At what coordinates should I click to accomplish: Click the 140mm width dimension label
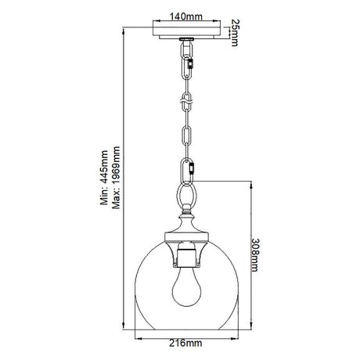(x=186, y=16)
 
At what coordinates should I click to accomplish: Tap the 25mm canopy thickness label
(x=234, y=33)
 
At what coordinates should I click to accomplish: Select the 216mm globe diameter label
(x=185, y=343)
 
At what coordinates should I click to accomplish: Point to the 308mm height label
(x=255, y=255)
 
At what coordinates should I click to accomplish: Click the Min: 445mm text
(x=104, y=178)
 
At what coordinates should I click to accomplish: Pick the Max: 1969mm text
(x=116, y=178)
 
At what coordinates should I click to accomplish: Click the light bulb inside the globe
(x=186, y=287)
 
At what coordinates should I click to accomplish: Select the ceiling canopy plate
(x=186, y=32)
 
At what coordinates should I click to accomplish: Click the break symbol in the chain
(x=186, y=100)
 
